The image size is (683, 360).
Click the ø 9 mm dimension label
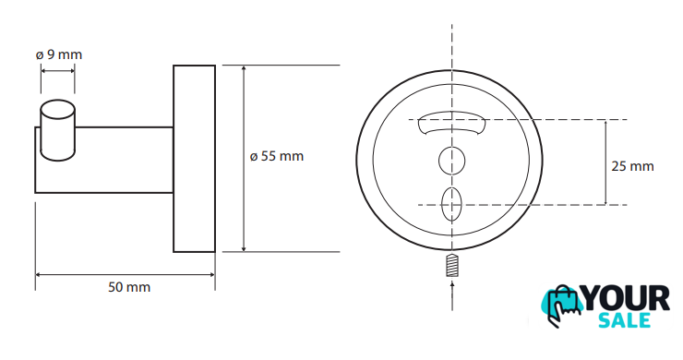[59, 54]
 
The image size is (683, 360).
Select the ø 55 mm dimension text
[277, 156]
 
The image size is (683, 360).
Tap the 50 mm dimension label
[129, 287]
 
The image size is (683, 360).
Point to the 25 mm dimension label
[632, 166]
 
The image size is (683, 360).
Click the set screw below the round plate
[452, 265]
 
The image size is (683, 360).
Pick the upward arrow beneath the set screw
[452, 295]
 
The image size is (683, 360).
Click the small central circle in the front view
[451, 161]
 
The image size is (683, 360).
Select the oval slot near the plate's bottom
[451, 204]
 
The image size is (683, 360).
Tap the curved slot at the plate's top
[451, 123]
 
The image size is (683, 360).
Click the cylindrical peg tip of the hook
[57, 130]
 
